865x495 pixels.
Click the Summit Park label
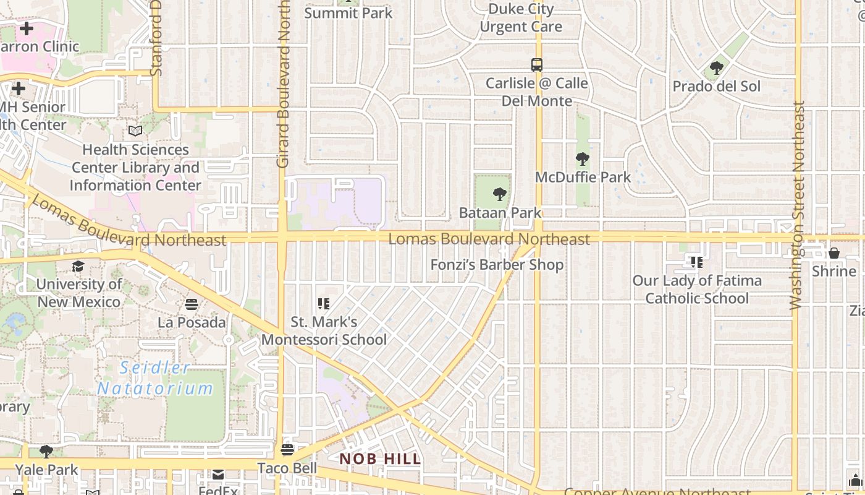[x=348, y=13]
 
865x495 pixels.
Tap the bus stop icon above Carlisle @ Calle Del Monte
[x=537, y=64]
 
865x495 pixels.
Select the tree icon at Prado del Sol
[x=717, y=67]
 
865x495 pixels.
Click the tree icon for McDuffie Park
[x=583, y=158]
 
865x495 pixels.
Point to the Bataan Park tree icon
[x=500, y=194]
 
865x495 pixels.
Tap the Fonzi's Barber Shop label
[x=497, y=265]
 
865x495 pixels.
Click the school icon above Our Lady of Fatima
[x=697, y=262]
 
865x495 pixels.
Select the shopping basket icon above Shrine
[x=834, y=253]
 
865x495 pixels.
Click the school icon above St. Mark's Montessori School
[x=324, y=303]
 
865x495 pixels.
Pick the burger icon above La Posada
[x=192, y=304]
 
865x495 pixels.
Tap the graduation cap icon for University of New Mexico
[x=78, y=266]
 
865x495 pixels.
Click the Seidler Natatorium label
[x=155, y=378]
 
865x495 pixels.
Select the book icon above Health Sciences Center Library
[x=135, y=131]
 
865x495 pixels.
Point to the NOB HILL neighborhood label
[x=380, y=459]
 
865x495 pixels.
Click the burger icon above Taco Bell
[x=287, y=449]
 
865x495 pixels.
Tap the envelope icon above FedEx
[x=218, y=474]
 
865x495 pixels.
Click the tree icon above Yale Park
[x=46, y=451]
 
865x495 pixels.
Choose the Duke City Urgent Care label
[x=521, y=18]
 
